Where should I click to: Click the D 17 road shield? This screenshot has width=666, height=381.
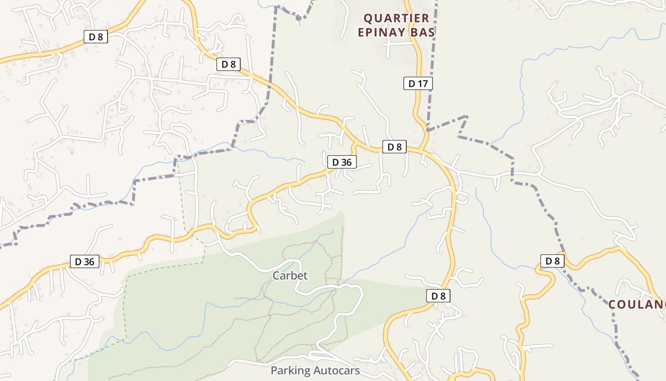(x=418, y=84)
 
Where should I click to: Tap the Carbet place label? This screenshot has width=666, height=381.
(x=290, y=276)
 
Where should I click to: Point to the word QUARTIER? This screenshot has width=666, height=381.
(x=397, y=19)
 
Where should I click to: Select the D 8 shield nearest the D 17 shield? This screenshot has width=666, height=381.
(x=394, y=147)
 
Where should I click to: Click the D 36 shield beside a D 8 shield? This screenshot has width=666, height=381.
(x=342, y=162)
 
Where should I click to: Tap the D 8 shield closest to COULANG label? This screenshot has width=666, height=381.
(x=552, y=261)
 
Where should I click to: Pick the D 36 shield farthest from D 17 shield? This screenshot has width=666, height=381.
(x=85, y=261)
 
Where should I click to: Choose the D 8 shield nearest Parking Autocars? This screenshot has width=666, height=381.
(x=438, y=296)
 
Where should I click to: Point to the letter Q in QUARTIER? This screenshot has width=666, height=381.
(x=367, y=19)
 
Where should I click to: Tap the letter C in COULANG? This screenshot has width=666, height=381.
(x=613, y=305)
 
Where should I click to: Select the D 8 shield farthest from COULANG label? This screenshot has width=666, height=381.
(x=96, y=37)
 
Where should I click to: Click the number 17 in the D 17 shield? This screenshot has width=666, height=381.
(x=423, y=84)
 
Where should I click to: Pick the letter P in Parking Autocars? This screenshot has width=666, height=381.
(x=274, y=371)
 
